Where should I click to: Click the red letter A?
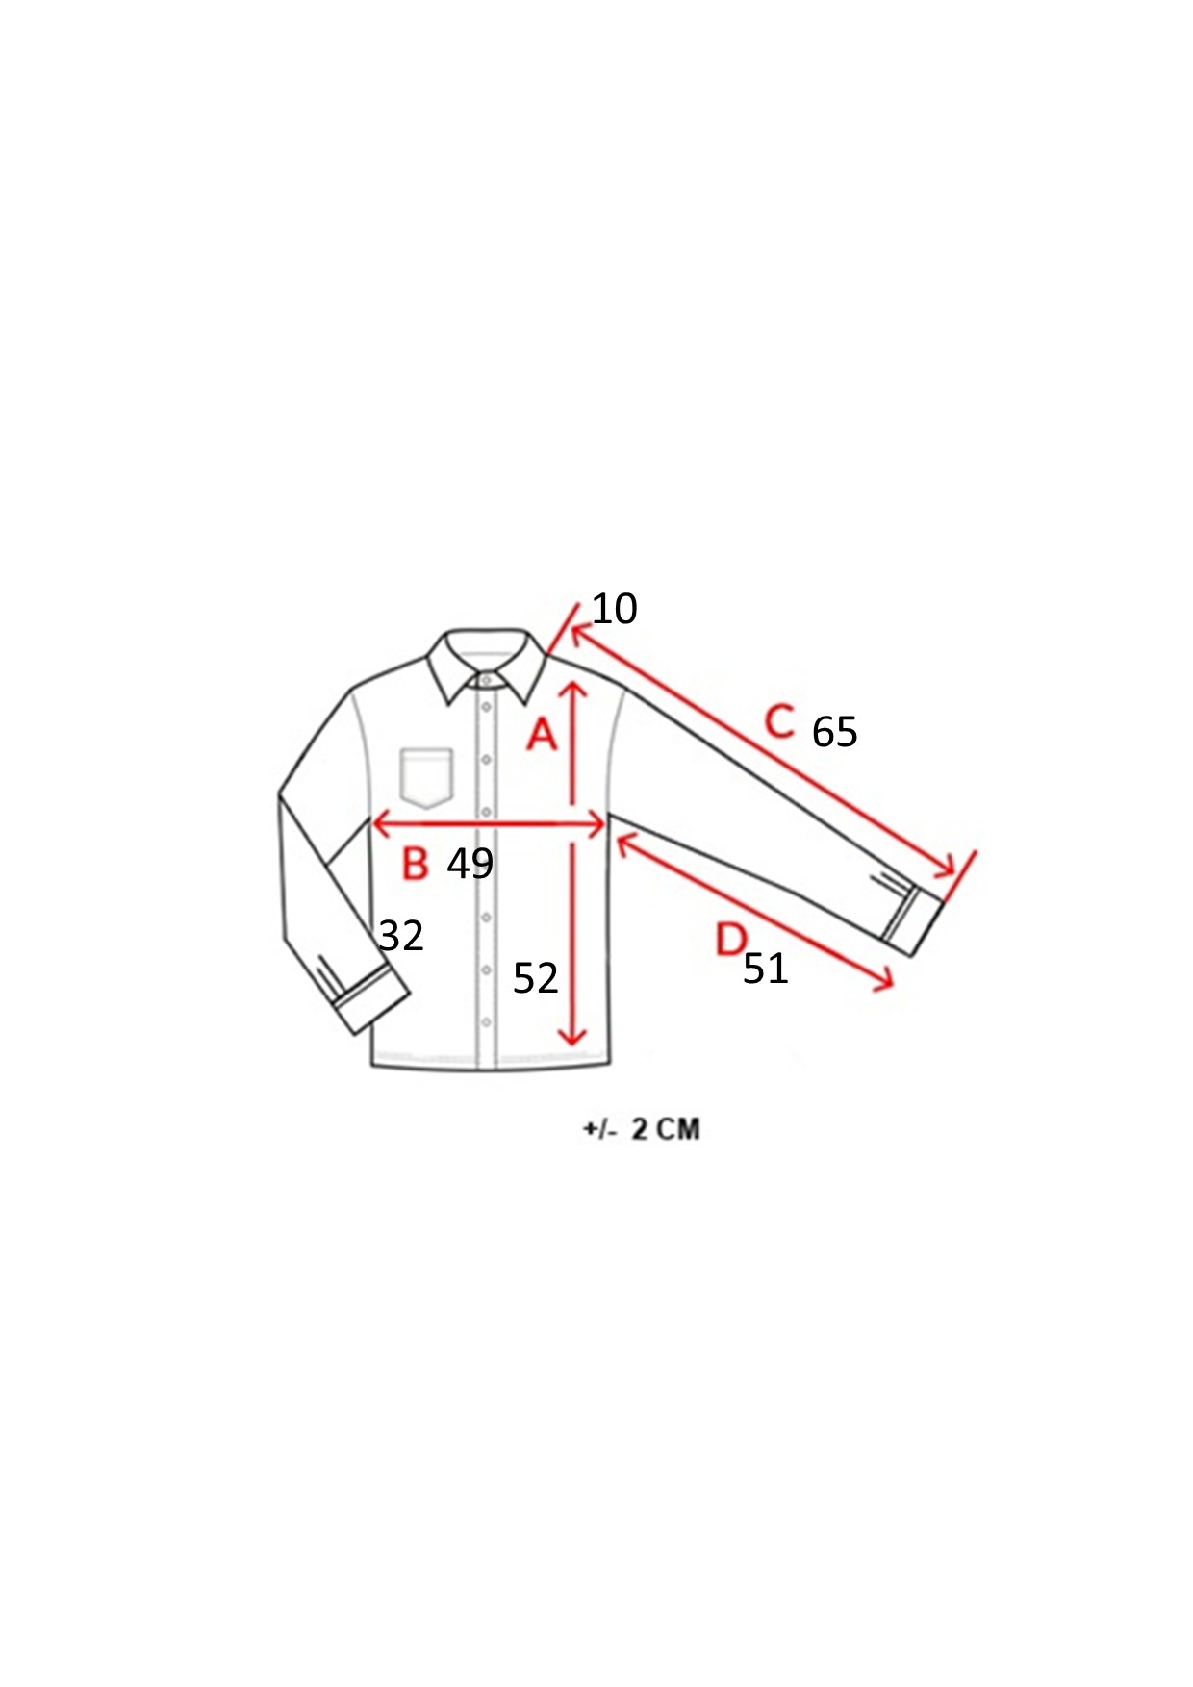(543, 734)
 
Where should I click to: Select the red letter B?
(415, 863)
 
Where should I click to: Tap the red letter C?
(779, 721)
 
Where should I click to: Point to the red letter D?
(731, 939)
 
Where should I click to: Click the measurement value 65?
(834, 732)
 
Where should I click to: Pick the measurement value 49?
(470, 864)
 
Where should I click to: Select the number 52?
(535, 978)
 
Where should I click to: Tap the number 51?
(766, 969)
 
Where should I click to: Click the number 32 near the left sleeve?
(401, 936)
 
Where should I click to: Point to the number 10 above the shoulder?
(614, 609)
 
